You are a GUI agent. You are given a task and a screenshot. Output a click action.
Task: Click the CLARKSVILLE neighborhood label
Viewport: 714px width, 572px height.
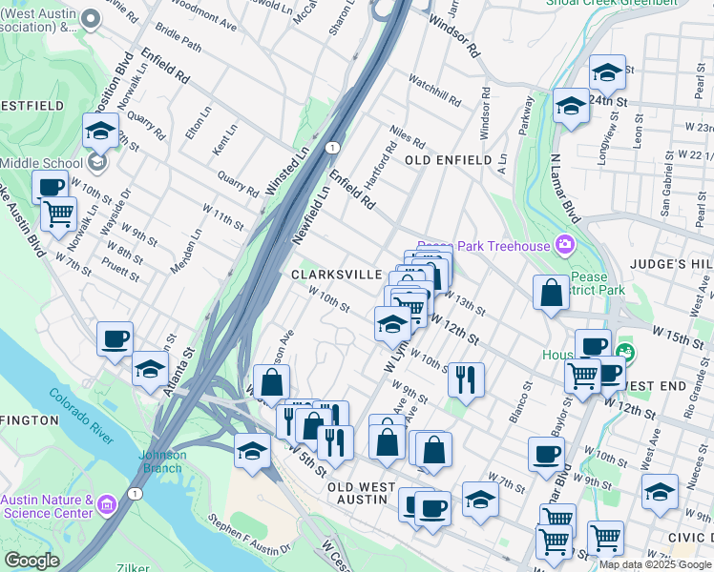336,274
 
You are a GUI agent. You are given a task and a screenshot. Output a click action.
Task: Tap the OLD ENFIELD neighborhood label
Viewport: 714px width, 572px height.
454,160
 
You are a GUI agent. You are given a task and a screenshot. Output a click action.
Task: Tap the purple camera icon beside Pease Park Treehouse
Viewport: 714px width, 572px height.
564,245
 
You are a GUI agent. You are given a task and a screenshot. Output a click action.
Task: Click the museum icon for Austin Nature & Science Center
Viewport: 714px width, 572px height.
106,501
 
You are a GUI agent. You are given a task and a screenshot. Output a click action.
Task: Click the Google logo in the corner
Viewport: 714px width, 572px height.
31,561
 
